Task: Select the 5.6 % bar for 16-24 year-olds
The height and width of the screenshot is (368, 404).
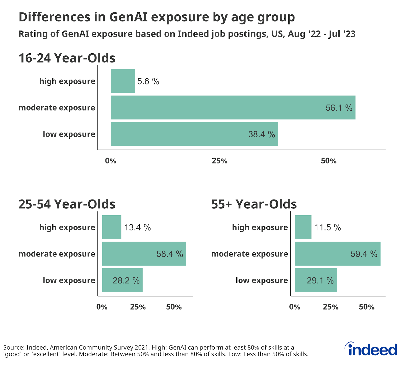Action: click(x=123, y=81)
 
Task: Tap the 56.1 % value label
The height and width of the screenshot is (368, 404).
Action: click(x=339, y=108)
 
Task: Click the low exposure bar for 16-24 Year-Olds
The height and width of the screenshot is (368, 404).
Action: click(x=194, y=134)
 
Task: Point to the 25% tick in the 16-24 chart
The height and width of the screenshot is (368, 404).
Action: click(x=219, y=161)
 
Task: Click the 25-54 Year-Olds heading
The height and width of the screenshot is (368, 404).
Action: click(x=67, y=204)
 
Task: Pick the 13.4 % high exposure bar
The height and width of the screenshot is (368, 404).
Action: click(x=111, y=227)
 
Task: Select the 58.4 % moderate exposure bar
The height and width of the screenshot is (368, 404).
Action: click(x=144, y=254)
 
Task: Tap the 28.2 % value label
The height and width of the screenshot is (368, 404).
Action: click(x=126, y=280)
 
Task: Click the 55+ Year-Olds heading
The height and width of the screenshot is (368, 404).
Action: click(x=254, y=204)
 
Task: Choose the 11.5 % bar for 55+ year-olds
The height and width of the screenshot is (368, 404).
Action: click(x=303, y=227)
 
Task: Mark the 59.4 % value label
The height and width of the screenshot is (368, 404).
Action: click(x=364, y=254)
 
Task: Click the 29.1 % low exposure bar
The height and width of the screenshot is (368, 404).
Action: click(x=316, y=280)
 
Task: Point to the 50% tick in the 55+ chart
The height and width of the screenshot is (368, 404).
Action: click(x=366, y=307)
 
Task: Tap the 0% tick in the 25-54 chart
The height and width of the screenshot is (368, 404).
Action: click(x=102, y=307)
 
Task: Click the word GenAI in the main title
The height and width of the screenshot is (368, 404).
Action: click(x=128, y=17)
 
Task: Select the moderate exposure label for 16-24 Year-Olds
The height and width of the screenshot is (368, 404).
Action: click(x=57, y=108)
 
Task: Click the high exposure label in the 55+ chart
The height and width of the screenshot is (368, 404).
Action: click(x=260, y=227)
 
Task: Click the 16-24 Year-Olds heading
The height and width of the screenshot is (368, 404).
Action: click(x=67, y=58)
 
